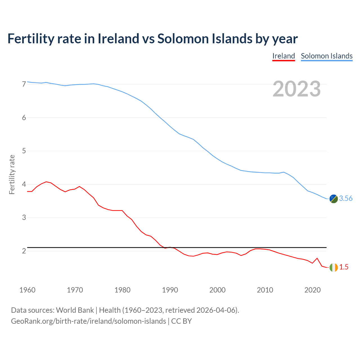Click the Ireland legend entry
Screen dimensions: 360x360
click(283, 56)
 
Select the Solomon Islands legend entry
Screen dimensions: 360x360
click(327, 56)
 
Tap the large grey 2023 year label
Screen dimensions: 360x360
click(297, 89)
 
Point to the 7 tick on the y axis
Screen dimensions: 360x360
click(24, 84)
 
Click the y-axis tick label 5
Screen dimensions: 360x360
click(24, 151)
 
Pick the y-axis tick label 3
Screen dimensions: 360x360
click(24, 218)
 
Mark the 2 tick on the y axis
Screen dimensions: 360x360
click(24, 251)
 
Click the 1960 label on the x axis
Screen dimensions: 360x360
click(27, 290)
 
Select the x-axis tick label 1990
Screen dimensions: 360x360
click(170, 290)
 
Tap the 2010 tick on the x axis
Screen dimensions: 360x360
click(265, 290)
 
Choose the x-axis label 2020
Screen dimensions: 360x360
click(312, 290)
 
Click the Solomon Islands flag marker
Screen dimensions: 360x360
click(334, 199)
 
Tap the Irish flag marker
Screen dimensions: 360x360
click(334, 267)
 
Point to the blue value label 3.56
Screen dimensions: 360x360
click(346, 199)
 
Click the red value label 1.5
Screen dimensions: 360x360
click(344, 267)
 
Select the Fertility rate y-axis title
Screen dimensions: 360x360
click(12, 174)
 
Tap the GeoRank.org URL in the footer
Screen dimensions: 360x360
click(88, 321)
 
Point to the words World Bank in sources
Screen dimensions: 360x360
click(75, 310)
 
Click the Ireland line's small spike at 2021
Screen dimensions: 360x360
click(317, 258)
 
